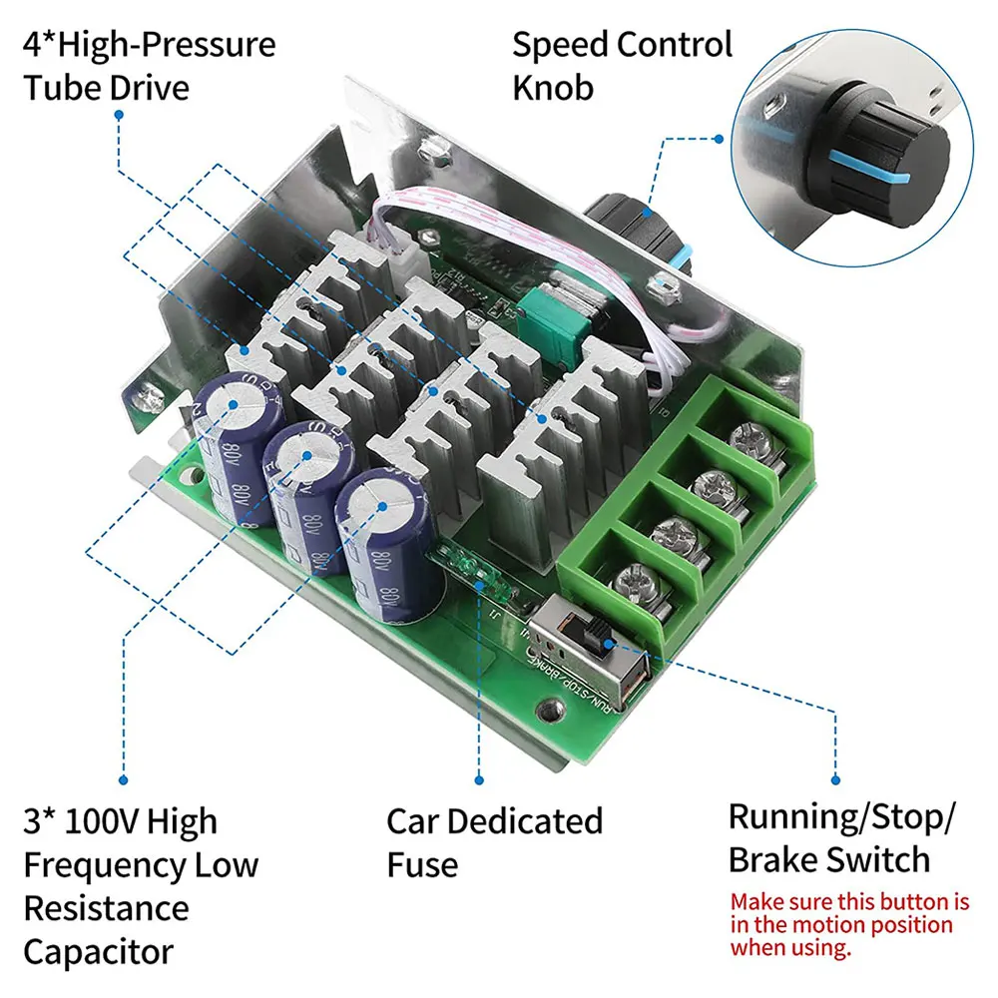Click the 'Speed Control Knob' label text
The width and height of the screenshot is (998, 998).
622,65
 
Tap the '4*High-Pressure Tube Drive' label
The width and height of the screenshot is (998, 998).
150,65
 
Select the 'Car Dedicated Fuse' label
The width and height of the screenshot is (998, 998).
494,842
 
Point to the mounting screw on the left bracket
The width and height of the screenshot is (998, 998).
150,399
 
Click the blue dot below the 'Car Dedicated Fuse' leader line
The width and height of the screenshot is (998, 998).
478,778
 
